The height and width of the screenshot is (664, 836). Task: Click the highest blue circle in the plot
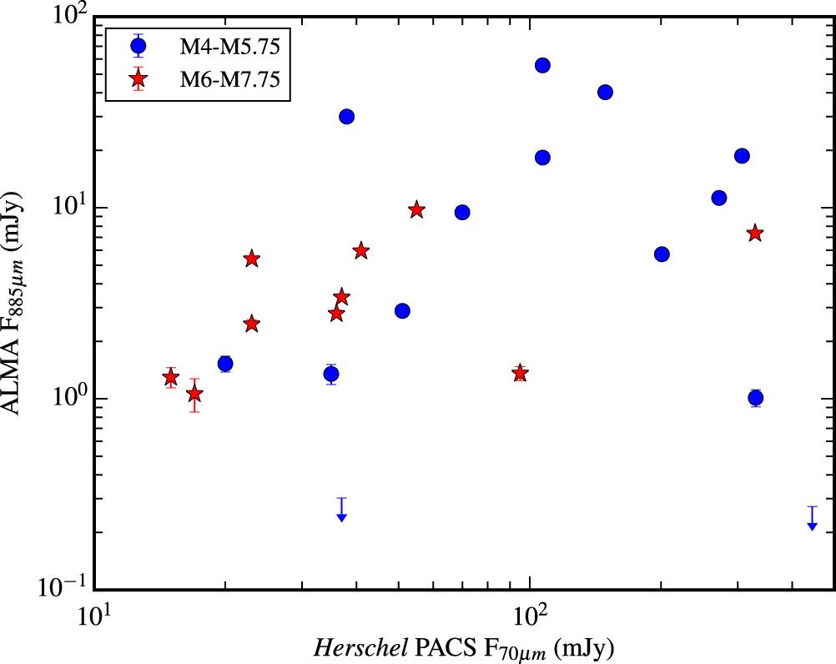542,65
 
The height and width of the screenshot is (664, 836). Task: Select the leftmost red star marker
170,377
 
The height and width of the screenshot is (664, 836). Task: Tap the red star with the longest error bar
194,395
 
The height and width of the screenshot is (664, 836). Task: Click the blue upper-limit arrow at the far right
812,519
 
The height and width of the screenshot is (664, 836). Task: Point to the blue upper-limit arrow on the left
342,510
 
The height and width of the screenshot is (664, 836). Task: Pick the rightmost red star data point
754,233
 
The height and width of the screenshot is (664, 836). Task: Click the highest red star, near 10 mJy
417,210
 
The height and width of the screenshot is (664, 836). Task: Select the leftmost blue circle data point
225,364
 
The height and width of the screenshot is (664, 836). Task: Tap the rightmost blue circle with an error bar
755,398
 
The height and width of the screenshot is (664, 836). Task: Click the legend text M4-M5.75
229,47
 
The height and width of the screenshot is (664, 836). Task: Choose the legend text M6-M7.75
229,79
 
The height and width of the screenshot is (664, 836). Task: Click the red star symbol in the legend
138,79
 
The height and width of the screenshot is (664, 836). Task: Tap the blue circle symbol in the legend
138,47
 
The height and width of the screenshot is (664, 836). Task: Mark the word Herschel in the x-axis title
361,648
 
